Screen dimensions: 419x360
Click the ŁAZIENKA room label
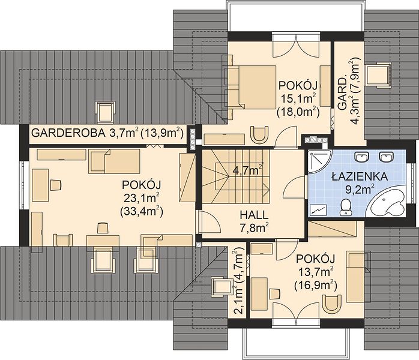[360, 177]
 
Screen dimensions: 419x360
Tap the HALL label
[254, 215]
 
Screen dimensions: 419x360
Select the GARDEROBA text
[68, 133]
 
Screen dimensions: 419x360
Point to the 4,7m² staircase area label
[247, 170]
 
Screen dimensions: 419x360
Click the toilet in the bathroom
[346, 208]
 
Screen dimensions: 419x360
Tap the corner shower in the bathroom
[319, 161]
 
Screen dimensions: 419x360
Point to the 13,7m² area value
[316, 272]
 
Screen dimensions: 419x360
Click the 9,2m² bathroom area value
[360, 190]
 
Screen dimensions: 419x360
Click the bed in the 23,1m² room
[114, 161]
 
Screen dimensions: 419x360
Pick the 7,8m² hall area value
[254, 228]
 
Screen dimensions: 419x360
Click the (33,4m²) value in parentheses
[142, 212]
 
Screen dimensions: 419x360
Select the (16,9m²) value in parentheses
[316, 286]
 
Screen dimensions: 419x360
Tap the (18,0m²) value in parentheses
[298, 112]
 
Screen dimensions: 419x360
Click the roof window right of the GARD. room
[379, 75]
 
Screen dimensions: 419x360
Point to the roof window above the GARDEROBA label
[105, 112]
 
